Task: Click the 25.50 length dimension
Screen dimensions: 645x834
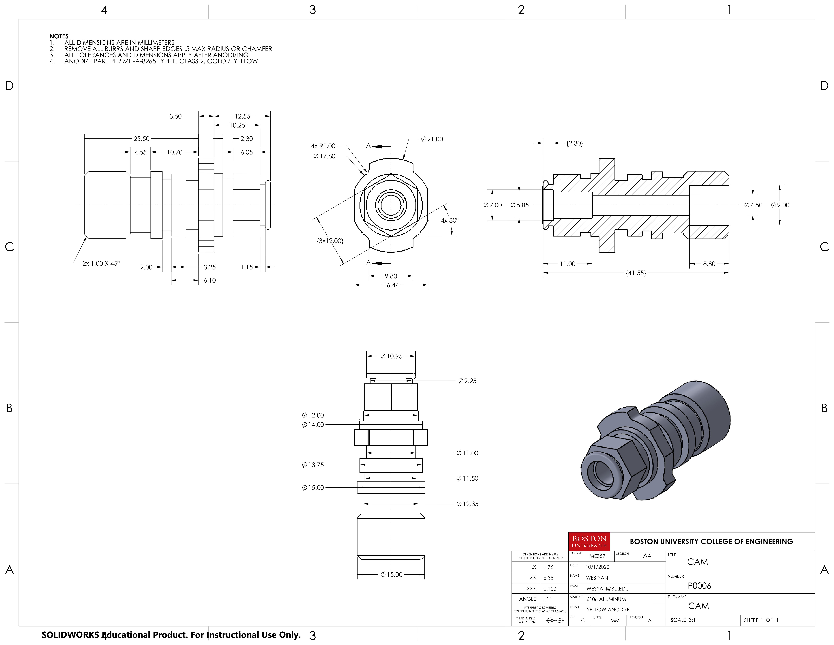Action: click(141, 139)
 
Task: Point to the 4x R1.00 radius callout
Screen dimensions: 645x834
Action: click(323, 146)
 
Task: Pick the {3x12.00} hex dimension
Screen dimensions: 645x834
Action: click(330, 241)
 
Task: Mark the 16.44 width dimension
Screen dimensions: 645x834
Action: click(391, 285)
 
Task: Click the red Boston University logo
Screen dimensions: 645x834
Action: click(589, 541)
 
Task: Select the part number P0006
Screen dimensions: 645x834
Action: click(699, 586)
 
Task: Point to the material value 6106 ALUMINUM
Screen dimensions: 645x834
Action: click(606, 599)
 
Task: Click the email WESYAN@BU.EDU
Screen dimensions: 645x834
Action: click(607, 589)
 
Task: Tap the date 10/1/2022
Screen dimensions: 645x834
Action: click(597, 567)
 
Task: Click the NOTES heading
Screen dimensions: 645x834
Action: click(59, 36)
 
